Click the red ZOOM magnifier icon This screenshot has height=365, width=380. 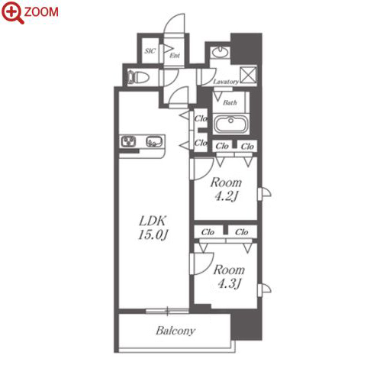[x=13, y=12]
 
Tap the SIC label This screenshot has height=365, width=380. [x=150, y=51]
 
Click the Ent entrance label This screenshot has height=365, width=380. [x=175, y=55]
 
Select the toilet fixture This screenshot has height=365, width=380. [x=138, y=77]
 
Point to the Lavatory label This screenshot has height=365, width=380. [x=226, y=82]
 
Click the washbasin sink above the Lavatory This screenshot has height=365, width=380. [x=221, y=52]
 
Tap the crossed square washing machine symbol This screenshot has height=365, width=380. [x=248, y=74]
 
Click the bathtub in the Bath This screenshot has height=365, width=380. [x=230, y=124]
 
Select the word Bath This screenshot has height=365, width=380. [x=230, y=102]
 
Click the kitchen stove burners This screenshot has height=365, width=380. [x=128, y=141]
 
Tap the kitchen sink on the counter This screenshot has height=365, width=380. [x=153, y=141]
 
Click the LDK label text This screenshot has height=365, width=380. [x=153, y=221]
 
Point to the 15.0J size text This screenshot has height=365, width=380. [x=153, y=234]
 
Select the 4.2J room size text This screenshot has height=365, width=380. [x=226, y=196]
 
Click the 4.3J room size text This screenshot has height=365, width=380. [x=230, y=283]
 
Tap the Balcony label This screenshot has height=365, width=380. [x=176, y=331]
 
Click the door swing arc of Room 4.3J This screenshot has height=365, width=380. [x=208, y=267]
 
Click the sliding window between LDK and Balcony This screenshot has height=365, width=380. [x=167, y=311]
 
